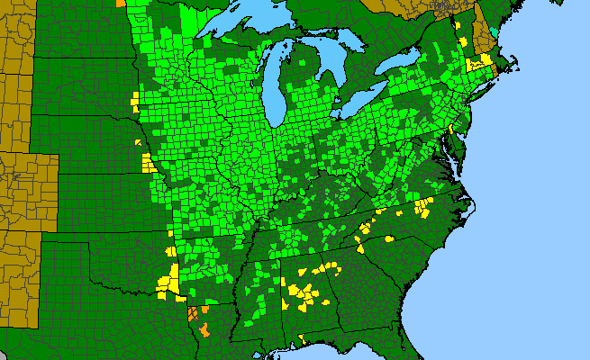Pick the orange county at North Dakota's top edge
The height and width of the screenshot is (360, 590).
pos(122,3)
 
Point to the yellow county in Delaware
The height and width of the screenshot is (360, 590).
pos(451,130)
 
